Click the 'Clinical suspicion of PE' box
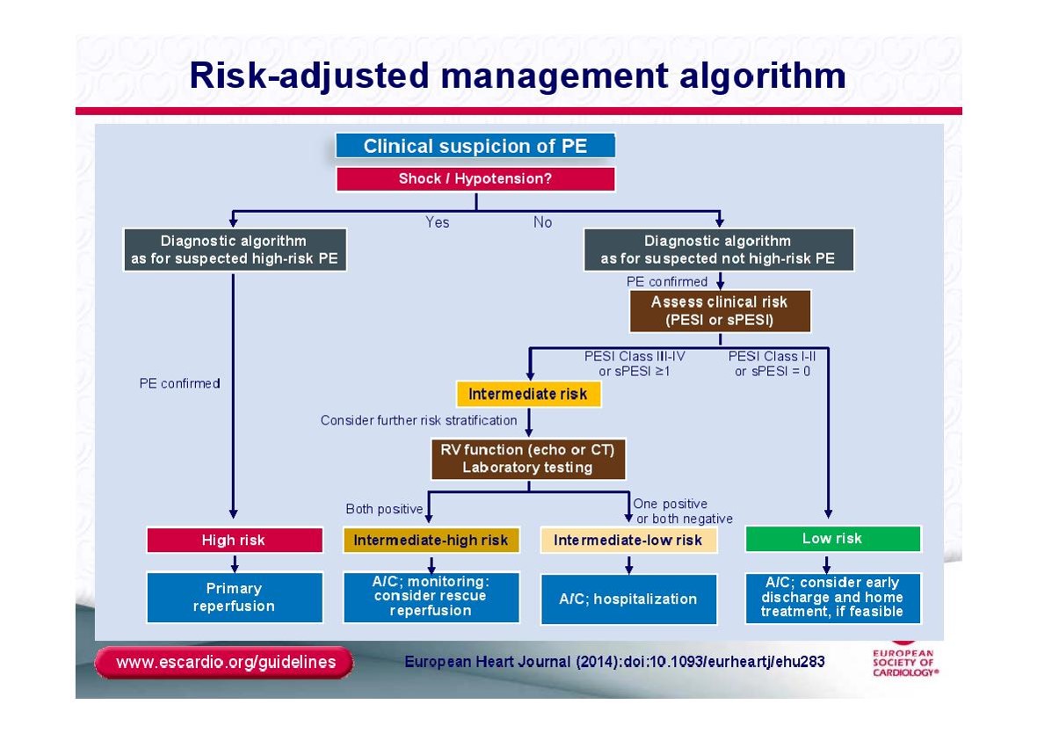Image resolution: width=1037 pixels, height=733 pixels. [475, 146]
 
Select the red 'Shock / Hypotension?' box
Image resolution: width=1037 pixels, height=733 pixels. [475, 178]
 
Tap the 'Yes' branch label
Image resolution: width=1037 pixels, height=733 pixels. [437, 222]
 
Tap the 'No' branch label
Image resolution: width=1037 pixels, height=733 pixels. [542, 222]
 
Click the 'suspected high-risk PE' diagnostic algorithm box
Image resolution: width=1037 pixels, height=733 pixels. [235, 250]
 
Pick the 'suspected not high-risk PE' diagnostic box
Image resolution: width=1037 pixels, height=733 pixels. [719, 250]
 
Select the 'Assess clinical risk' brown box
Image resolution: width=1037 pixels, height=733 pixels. [720, 311]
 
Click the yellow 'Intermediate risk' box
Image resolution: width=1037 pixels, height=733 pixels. [528, 395]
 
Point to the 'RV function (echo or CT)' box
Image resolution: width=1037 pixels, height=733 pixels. [528, 459]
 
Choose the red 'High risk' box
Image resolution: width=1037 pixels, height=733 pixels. [234, 540]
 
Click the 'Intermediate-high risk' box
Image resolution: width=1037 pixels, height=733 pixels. [431, 540]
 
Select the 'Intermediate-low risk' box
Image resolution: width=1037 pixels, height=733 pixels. [628, 540]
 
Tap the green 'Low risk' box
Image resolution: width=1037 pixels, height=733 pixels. [832, 539]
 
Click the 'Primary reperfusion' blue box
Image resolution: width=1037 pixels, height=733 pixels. [234, 598]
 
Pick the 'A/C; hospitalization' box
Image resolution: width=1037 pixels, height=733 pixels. [628, 599]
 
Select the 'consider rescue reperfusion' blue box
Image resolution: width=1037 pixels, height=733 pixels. [431, 597]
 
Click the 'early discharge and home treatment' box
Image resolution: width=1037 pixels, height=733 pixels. [832, 598]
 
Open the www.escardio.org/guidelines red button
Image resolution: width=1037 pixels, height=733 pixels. [225, 662]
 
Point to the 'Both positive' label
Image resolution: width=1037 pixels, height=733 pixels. [384, 509]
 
